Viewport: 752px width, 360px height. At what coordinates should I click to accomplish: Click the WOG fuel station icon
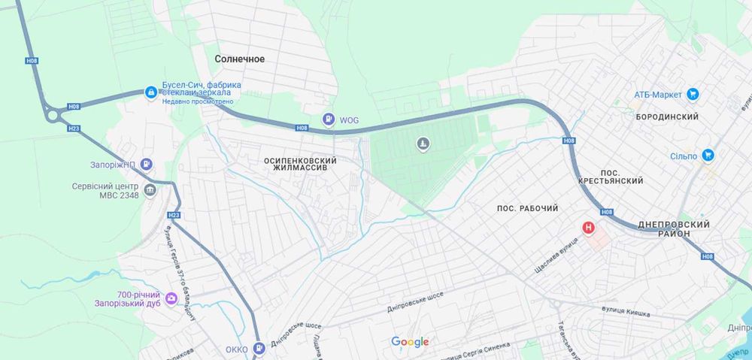[329, 119]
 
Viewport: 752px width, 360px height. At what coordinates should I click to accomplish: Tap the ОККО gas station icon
[259, 349]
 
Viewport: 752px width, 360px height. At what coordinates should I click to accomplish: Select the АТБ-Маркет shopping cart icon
[693, 95]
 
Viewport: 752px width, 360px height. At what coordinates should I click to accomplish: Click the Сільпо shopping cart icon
[708, 156]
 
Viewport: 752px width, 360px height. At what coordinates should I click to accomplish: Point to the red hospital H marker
[589, 227]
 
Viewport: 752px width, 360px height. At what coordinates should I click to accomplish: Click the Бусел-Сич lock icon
[151, 92]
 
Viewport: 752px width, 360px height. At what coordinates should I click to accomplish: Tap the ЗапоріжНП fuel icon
[147, 164]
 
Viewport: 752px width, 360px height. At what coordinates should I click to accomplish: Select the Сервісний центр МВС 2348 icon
[150, 190]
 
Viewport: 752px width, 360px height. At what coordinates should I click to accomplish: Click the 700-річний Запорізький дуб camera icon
[171, 300]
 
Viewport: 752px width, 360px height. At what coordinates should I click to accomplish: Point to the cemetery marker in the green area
[423, 144]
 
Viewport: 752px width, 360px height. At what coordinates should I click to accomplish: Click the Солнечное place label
[240, 59]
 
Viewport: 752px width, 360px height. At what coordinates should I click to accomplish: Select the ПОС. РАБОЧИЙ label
[528, 207]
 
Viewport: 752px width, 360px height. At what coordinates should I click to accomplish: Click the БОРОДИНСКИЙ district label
[667, 117]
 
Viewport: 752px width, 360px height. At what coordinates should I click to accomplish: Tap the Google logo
[410, 343]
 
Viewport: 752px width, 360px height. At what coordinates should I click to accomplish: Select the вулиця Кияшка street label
[626, 311]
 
